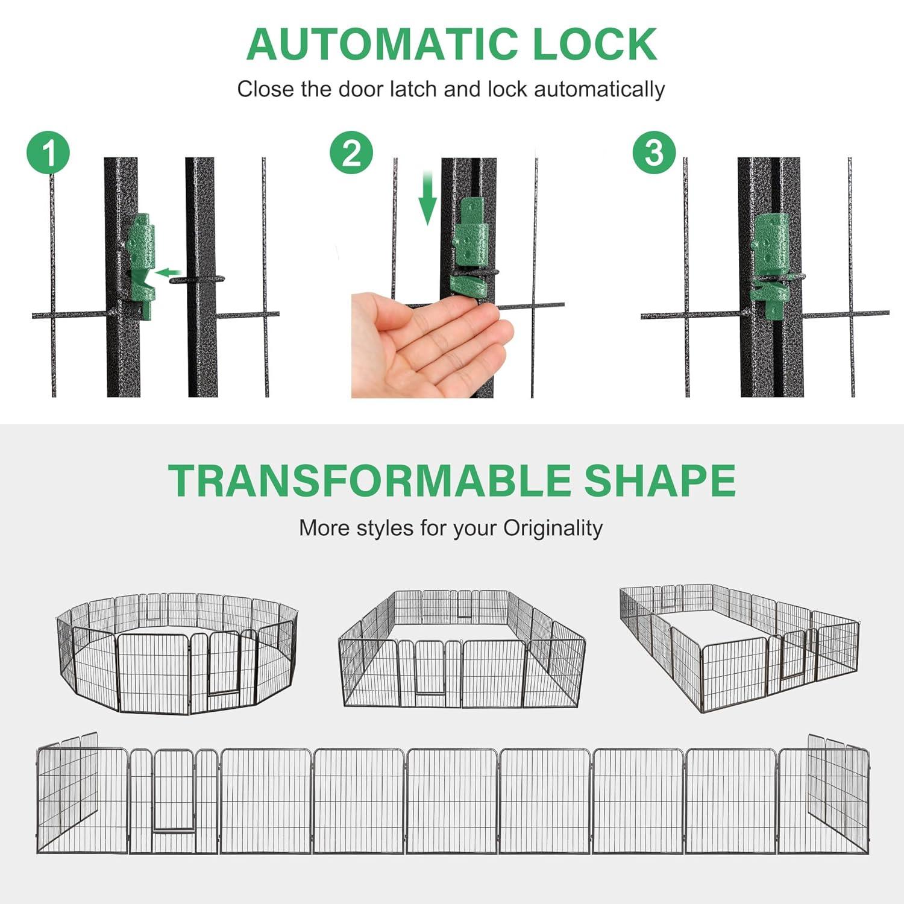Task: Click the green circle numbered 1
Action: (49, 154)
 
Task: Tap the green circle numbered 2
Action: (351, 153)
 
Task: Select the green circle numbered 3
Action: (654, 153)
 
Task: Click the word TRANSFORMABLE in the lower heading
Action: (368, 480)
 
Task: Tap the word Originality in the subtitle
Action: (553, 529)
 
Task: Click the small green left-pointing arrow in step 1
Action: (169, 273)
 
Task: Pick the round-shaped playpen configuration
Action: (176, 653)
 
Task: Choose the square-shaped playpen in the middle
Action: (462, 648)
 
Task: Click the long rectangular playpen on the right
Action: (739, 647)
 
